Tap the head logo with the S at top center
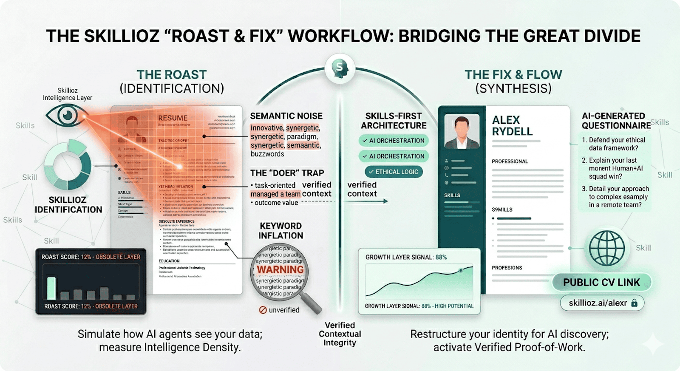pyautogui.click(x=340, y=67)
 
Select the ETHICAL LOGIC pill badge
pyautogui.click(x=394, y=172)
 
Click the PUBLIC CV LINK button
pyautogui.click(x=601, y=283)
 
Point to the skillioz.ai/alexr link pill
pyautogui.click(x=602, y=303)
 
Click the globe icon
pyautogui.click(x=606, y=248)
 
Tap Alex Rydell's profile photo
pyautogui.click(x=462, y=131)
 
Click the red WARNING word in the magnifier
pyautogui.click(x=280, y=270)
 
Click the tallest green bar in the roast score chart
pyautogui.click(x=51, y=288)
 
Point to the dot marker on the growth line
pyautogui.click(x=461, y=270)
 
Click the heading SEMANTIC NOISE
pyautogui.click(x=286, y=116)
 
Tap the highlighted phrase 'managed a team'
pyautogui.click(x=275, y=194)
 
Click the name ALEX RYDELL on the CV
pyautogui.click(x=512, y=126)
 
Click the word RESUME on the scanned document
pyautogui.click(x=173, y=118)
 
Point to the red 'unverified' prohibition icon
pyautogui.click(x=263, y=310)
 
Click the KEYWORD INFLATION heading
pyautogui.click(x=280, y=231)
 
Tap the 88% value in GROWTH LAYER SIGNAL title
pyautogui.click(x=441, y=257)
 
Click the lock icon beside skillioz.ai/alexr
pyautogui.click(x=635, y=303)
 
